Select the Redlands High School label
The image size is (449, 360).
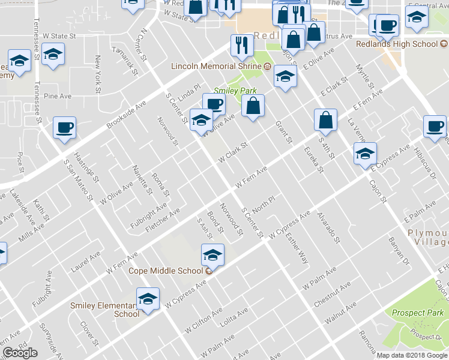405,44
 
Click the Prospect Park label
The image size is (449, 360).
417,313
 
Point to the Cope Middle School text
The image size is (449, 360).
166,271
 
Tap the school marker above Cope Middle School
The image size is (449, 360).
212,255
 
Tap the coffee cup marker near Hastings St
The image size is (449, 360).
64,128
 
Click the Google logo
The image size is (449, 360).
20,353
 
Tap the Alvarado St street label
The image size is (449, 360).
329,230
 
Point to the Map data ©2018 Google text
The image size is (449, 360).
412,355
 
